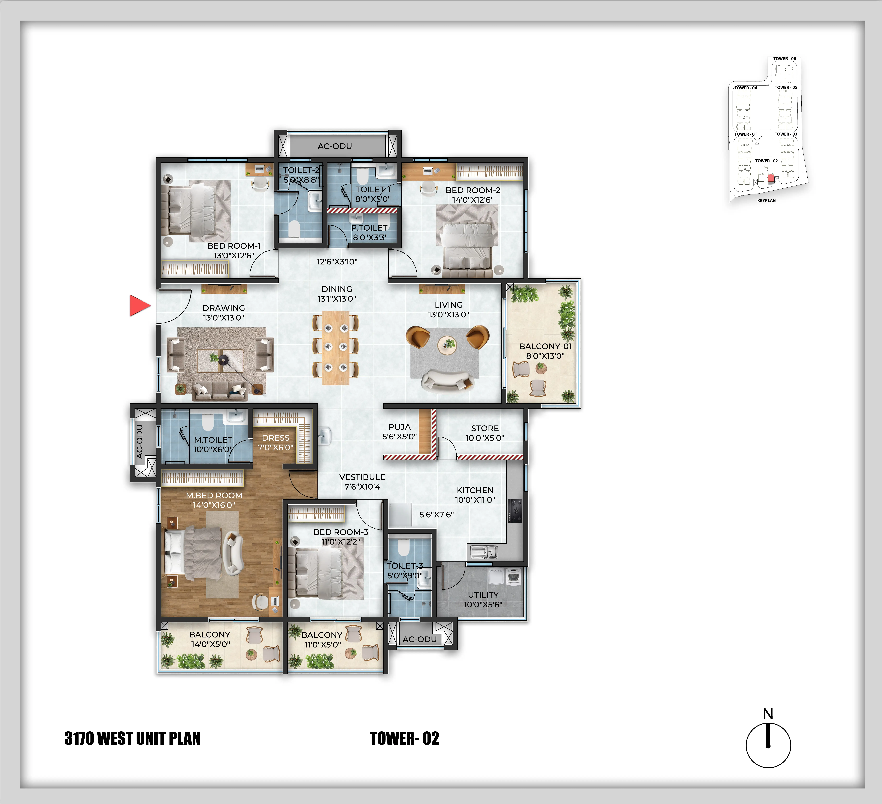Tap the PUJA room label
click(399, 427)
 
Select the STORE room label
click(485, 428)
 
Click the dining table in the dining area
click(336, 348)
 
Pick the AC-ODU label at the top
click(335, 146)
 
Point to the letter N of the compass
click(768, 714)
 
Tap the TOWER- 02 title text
click(404, 738)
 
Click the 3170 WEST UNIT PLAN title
click(132, 738)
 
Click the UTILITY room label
click(483, 595)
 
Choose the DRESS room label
click(276, 438)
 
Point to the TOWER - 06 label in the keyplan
click(784, 59)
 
